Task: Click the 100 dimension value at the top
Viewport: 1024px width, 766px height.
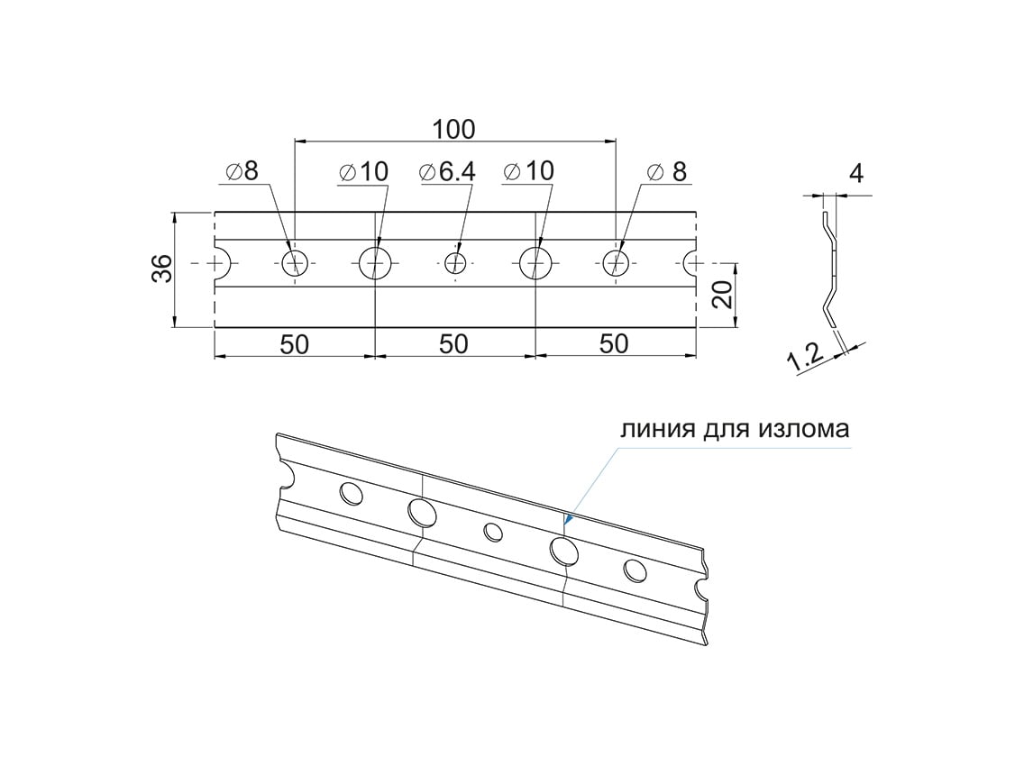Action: pyautogui.click(x=454, y=129)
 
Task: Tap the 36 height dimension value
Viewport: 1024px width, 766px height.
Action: pyautogui.click(x=162, y=268)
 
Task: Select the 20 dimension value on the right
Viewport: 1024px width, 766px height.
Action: pyautogui.click(x=722, y=294)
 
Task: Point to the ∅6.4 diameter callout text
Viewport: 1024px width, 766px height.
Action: pyautogui.click(x=447, y=172)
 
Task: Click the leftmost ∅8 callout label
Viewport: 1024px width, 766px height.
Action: pyautogui.click(x=242, y=171)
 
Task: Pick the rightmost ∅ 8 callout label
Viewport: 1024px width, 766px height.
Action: pyautogui.click(x=667, y=172)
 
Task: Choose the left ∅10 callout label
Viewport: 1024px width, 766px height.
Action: pyautogui.click(x=364, y=172)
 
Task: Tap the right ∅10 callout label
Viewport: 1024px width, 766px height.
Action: pyautogui.click(x=529, y=171)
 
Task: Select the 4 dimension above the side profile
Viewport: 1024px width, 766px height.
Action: pyautogui.click(x=856, y=174)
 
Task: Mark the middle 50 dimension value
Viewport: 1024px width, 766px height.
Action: pyautogui.click(x=453, y=343)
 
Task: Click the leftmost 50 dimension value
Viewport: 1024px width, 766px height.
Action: pyautogui.click(x=294, y=343)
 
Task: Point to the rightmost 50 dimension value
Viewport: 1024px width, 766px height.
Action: pyautogui.click(x=613, y=343)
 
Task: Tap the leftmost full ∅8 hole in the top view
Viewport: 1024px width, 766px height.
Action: pyautogui.click(x=295, y=263)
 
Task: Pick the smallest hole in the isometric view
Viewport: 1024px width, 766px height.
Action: pyautogui.click(x=493, y=532)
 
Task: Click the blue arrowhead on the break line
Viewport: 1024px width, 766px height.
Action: pyautogui.click(x=568, y=519)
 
